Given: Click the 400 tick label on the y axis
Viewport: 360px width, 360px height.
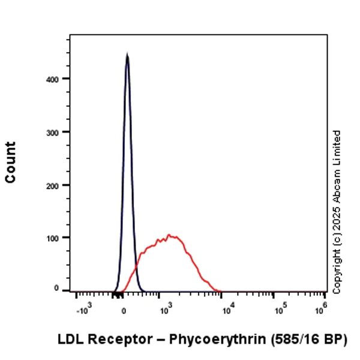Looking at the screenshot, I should click(59, 79).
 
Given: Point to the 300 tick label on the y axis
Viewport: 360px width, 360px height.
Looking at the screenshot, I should click(59, 131).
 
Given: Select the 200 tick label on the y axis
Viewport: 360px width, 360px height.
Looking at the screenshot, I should click(59, 185).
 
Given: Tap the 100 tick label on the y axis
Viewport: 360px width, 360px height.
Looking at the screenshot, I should click(59, 238).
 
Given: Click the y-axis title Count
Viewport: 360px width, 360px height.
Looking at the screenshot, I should click(11, 162).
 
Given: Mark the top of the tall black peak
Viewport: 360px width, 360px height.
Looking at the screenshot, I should click(127, 55).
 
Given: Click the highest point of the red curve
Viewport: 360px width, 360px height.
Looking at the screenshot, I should click(170, 235).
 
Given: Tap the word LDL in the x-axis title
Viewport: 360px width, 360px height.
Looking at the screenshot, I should click(71, 339).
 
